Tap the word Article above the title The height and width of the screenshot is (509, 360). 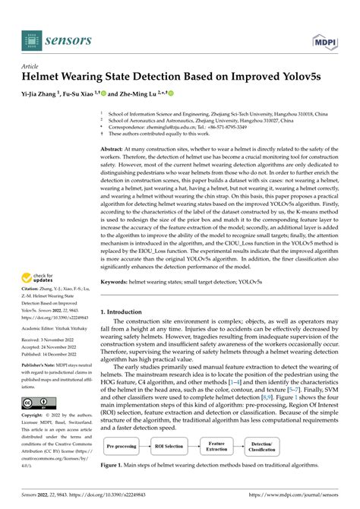[33, 67]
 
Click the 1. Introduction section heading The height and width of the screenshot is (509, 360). [128, 311]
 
